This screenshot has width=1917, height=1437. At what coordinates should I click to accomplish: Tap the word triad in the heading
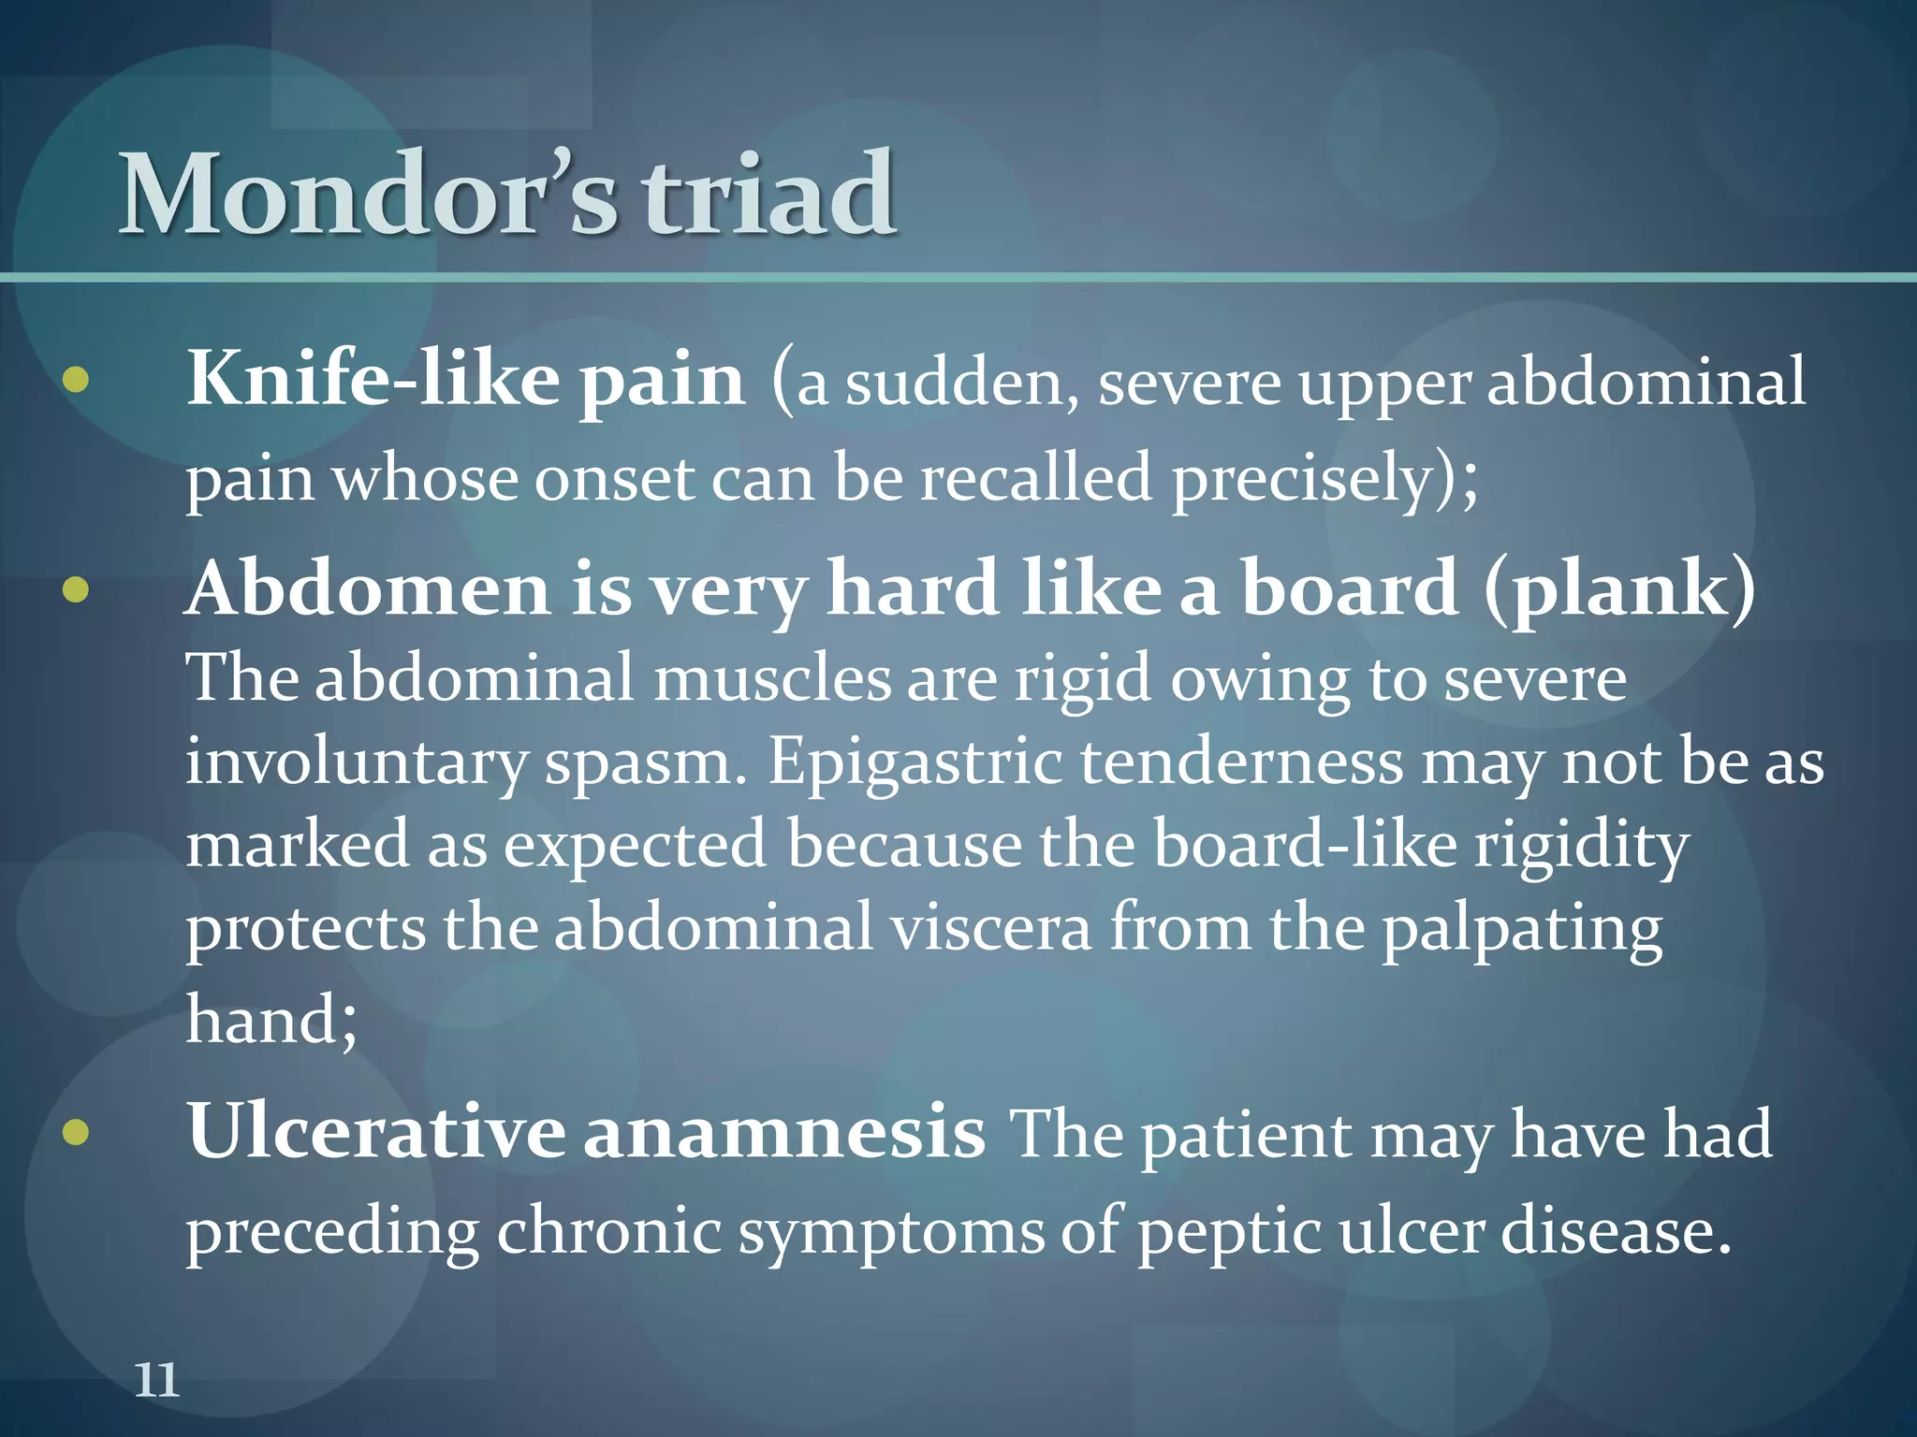point(768,195)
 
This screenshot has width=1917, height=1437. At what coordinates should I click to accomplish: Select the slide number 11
point(156,1380)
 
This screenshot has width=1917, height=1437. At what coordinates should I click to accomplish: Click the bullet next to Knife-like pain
point(76,380)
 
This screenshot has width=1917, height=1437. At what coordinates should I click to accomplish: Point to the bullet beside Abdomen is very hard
point(76,590)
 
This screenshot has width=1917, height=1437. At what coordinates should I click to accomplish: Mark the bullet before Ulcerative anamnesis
point(76,1133)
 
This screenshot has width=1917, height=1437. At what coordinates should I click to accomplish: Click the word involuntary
point(356,762)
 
